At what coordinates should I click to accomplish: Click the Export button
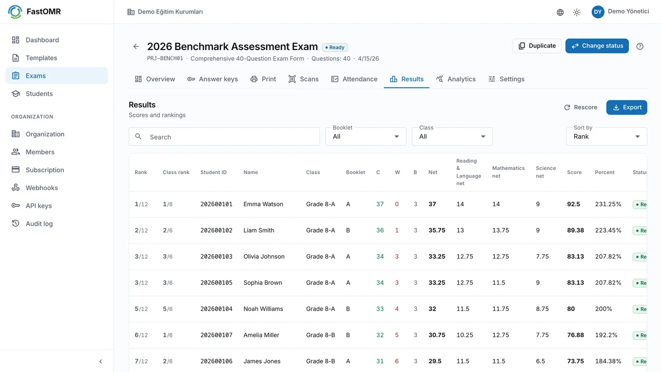[x=626, y=107]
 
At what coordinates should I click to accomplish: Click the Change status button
[x=597, y=46]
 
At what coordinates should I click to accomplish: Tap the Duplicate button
[x=537, y=46]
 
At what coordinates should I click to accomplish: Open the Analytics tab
[x=456, y=79]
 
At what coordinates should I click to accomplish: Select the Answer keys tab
[x=213, y=79]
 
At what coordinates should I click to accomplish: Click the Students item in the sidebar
[x=39, y=94]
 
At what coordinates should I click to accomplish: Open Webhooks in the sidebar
[x=42, y=188]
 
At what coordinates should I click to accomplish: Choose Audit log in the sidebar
[x=39, y=224]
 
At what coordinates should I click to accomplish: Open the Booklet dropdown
[x=366, y=136]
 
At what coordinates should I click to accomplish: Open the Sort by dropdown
[x=607, y=136]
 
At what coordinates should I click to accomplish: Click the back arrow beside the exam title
[x=136, y=47]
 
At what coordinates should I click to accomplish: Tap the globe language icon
[x=560, y=12]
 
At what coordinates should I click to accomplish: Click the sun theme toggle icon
[x=577, y=12]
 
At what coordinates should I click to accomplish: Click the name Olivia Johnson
[x=264, y=257]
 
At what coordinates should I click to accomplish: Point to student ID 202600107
[x=216, y=335]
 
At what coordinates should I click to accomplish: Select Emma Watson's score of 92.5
[x=574, y=204]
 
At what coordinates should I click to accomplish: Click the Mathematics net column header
[x=508, y=172]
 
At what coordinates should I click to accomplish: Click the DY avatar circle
[x=597, y=12]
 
